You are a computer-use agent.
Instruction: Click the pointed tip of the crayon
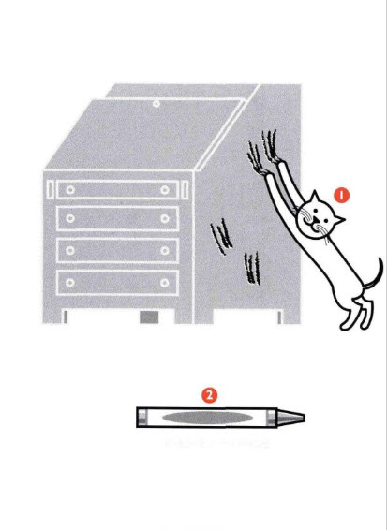[301, 417]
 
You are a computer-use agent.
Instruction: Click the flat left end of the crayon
[140, 417]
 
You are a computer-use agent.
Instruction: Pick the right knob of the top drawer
[164, 189]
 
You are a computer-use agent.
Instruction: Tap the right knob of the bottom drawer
[164, 281]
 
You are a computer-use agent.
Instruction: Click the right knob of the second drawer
[164, 220]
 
